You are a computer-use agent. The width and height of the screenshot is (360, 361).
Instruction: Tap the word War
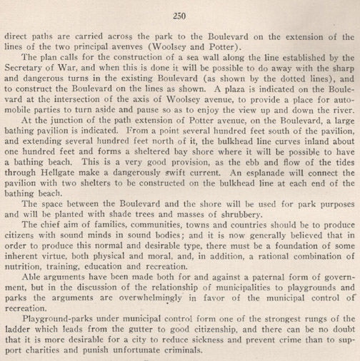(x=72, y=71)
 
